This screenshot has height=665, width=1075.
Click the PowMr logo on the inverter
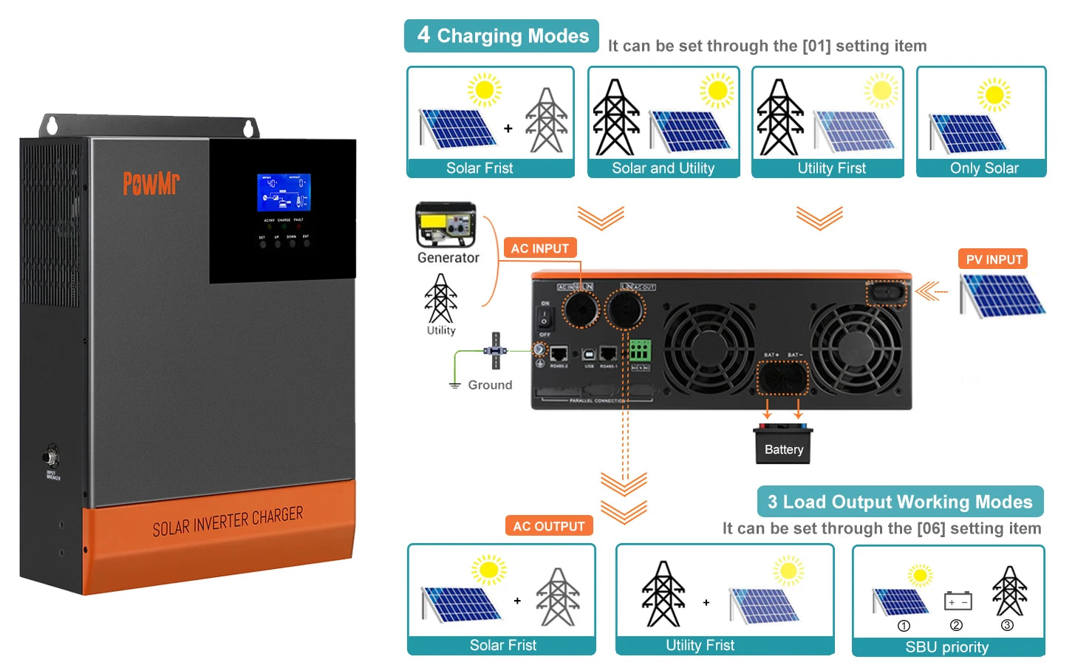151,183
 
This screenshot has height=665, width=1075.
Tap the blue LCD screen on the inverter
284,192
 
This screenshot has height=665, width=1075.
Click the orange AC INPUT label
539,248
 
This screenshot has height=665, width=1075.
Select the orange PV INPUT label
994,259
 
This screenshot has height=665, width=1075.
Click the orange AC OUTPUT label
549,526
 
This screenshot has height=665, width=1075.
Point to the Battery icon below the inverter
783,445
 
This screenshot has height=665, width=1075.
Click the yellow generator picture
446,225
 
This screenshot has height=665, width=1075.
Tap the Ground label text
490,385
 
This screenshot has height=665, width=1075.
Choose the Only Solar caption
983,168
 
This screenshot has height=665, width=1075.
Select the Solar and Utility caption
663,168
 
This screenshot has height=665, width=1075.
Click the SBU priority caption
946,647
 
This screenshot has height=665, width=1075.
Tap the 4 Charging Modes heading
502,35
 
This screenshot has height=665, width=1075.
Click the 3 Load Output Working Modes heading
900,502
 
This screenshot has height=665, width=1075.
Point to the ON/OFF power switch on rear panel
545,319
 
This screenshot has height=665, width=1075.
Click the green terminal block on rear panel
640,350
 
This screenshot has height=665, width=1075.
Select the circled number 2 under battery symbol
956,625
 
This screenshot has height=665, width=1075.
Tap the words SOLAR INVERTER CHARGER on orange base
228,522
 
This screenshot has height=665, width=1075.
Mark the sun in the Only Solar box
994,95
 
